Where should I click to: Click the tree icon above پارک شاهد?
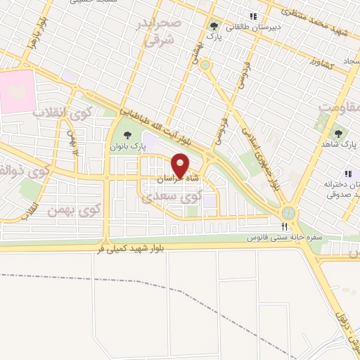[338, 133]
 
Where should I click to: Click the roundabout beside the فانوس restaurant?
[288, 213]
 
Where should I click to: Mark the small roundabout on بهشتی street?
[205, 65]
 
